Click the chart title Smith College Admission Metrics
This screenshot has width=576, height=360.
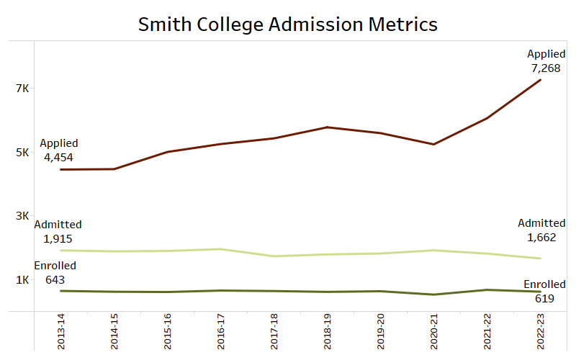coord(288,24)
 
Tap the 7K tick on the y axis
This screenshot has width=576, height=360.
coord(21,89)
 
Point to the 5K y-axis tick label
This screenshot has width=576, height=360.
coord(21,153)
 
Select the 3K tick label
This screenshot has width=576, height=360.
coord(21,216)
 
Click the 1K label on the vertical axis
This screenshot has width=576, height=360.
coord(21,279)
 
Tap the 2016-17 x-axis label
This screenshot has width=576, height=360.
coord(220,332)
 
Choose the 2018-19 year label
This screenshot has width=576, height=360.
coord(327,332)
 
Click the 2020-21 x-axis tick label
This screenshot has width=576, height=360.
coord(434,332)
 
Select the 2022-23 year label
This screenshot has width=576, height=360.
coord(541,332)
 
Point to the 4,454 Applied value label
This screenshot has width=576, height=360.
coord(58,157)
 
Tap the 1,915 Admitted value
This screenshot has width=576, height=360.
coord(58,239)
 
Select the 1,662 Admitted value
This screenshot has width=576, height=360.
coord(541,237)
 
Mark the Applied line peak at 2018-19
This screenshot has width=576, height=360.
coord(327,127)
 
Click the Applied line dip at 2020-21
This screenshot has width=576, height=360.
coord(434,144)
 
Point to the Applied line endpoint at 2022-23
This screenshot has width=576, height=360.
coord(541,80)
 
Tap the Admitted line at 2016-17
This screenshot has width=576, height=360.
coord(220,249)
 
